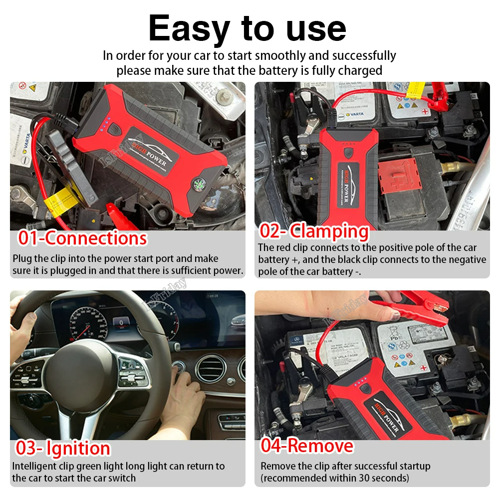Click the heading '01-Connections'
pyautogui.click(x=82, y=238)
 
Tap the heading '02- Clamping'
pyautogui.click(x=314, y=231)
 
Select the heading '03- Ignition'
pyautogui.click(x=62, y=448)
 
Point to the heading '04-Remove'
pyautogui.click(x=306, y=445)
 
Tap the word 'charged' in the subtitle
pyautogui.click(x=359, y=70)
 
